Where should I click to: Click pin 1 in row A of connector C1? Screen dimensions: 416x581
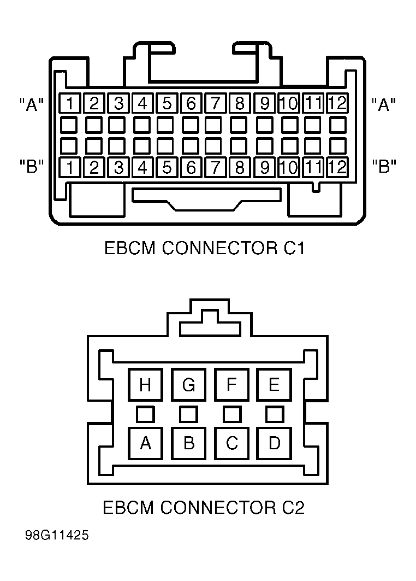[x=68, y=103]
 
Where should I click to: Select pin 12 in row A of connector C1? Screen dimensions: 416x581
[x=337, y=103]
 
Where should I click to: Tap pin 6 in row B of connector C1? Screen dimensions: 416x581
[x=191, y=167]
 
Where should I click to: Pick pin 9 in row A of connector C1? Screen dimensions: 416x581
[x=264, y=103]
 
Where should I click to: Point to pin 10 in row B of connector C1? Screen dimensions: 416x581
[x=288, y=167]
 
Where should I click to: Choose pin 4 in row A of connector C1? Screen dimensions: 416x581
[x=142, y=103]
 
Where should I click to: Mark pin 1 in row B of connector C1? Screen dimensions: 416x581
[x=68, y=167]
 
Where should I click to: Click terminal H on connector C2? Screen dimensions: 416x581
[x=145, y=385]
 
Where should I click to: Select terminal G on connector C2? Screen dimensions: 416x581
[x=188, y=385]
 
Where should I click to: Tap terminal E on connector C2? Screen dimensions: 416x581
[x=274, y=385]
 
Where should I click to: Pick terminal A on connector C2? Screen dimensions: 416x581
[x=145, y=443]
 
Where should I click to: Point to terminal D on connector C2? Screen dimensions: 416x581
[x=274, y=443]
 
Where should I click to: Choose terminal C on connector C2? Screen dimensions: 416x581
[x=231, y=443]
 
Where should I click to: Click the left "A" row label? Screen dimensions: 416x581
[x=32, y=104]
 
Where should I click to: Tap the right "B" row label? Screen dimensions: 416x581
[x=384, y=166]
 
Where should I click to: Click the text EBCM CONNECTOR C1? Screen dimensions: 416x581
[x=204, y=248]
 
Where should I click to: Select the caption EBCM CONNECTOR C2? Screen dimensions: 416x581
[x=204, y=507]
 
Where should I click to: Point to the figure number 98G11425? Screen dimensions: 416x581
[x=57, y=536]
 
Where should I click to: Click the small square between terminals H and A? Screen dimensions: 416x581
[x=145, y=414]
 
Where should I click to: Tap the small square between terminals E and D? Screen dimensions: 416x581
[x=275, y=414]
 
